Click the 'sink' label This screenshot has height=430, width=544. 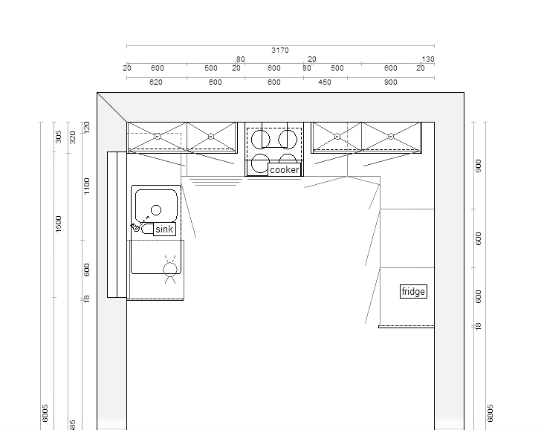point(164,229)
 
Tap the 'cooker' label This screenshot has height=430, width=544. point(285,170)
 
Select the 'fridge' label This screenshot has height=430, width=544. point(413,292)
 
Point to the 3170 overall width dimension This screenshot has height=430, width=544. point(280,51)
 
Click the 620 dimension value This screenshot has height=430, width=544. point(156,82)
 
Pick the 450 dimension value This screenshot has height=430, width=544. point(325,82)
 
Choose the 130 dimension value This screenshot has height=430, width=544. point(428,59)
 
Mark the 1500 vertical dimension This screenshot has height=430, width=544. point(59,224)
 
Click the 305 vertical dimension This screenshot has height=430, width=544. point(59,137)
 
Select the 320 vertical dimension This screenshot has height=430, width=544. point(73,137)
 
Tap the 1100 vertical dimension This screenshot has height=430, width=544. point(87,186)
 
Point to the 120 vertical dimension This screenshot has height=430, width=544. point(87,128)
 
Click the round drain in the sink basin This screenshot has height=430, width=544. point(156,210)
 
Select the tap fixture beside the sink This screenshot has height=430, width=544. point(138,225)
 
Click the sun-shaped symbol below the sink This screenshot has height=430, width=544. point(170,268)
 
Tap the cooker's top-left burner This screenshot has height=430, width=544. point(259,139)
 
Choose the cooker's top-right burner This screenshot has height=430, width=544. point(287,139)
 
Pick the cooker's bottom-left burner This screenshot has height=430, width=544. point(259,163)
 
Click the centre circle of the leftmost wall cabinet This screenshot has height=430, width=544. point(157,137)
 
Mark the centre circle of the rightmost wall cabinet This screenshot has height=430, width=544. point(391,137)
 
